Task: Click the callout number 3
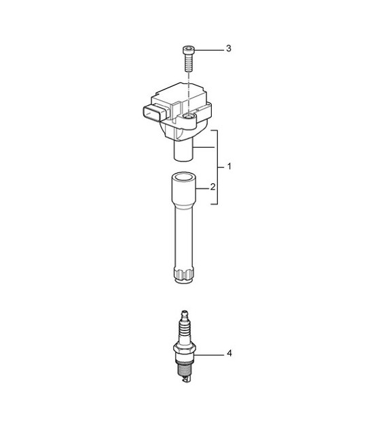[229, 49]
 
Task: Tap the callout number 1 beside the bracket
[229, 166]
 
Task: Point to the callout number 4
[229, 353]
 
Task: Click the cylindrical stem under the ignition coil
[185, 149]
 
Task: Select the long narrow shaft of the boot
[185, 237]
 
